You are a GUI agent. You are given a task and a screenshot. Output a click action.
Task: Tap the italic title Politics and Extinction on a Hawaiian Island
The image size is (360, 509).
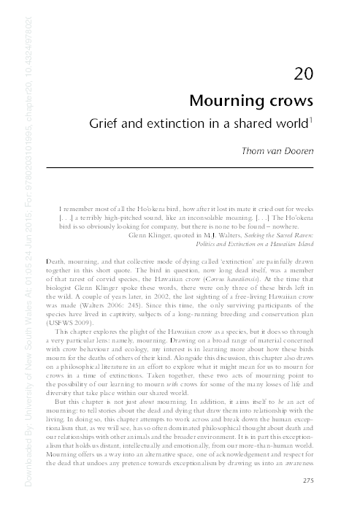click(x=264, y=246)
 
